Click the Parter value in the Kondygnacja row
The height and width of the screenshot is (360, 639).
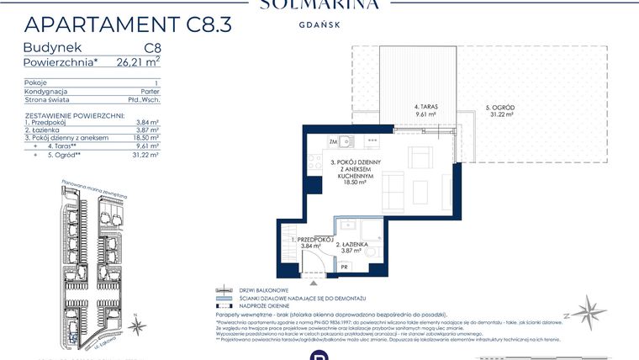coord(149,92)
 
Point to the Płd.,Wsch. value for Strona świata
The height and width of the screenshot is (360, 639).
coord(144,100)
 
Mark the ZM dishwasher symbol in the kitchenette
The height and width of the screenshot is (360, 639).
coord(310,140)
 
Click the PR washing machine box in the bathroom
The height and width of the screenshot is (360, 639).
coord(344,267)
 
